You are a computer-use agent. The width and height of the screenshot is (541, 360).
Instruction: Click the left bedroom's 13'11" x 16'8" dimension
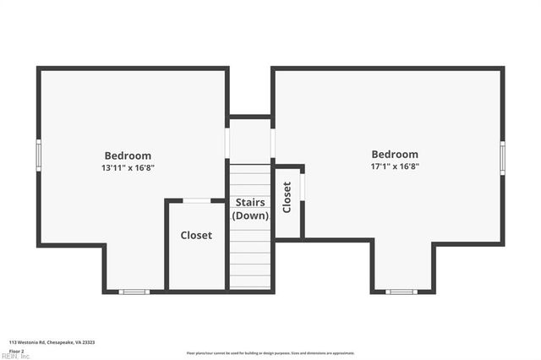pos(128,168)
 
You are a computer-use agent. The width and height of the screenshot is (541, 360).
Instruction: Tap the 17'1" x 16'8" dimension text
pos(395,167)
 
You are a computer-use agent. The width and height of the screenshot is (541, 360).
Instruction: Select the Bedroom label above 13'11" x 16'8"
pos(128,155)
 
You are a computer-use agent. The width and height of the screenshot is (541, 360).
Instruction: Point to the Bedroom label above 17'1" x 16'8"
pos(395,155)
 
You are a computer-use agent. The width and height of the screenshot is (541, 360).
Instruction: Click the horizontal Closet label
pos(196,235)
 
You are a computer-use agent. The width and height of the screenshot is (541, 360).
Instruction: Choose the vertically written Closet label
pos(287,197)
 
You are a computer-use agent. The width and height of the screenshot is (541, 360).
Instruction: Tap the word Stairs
pos(250,203)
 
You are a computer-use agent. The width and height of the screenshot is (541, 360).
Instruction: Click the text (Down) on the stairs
pos(250,215)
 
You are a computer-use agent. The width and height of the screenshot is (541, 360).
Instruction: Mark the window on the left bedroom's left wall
pos(39,156)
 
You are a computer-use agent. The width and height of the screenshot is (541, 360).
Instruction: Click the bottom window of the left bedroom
pos(134,292)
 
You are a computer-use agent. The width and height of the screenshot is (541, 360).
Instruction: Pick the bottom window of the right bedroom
pos(401,292)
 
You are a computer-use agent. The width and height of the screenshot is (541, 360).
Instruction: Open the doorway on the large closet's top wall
pos(197,200)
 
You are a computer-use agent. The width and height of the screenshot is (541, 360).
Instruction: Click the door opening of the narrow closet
pos(303,185)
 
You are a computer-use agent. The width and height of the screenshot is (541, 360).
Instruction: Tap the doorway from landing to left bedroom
pos(227,142)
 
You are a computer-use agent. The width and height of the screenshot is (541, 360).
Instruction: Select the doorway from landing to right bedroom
pos(272,142)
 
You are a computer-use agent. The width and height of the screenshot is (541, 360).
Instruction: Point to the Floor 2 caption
pos(17,350)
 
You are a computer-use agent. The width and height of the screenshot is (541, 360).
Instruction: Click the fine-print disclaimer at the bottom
pos(270,353)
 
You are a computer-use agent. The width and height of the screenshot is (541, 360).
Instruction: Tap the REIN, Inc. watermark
pos(15,357)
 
